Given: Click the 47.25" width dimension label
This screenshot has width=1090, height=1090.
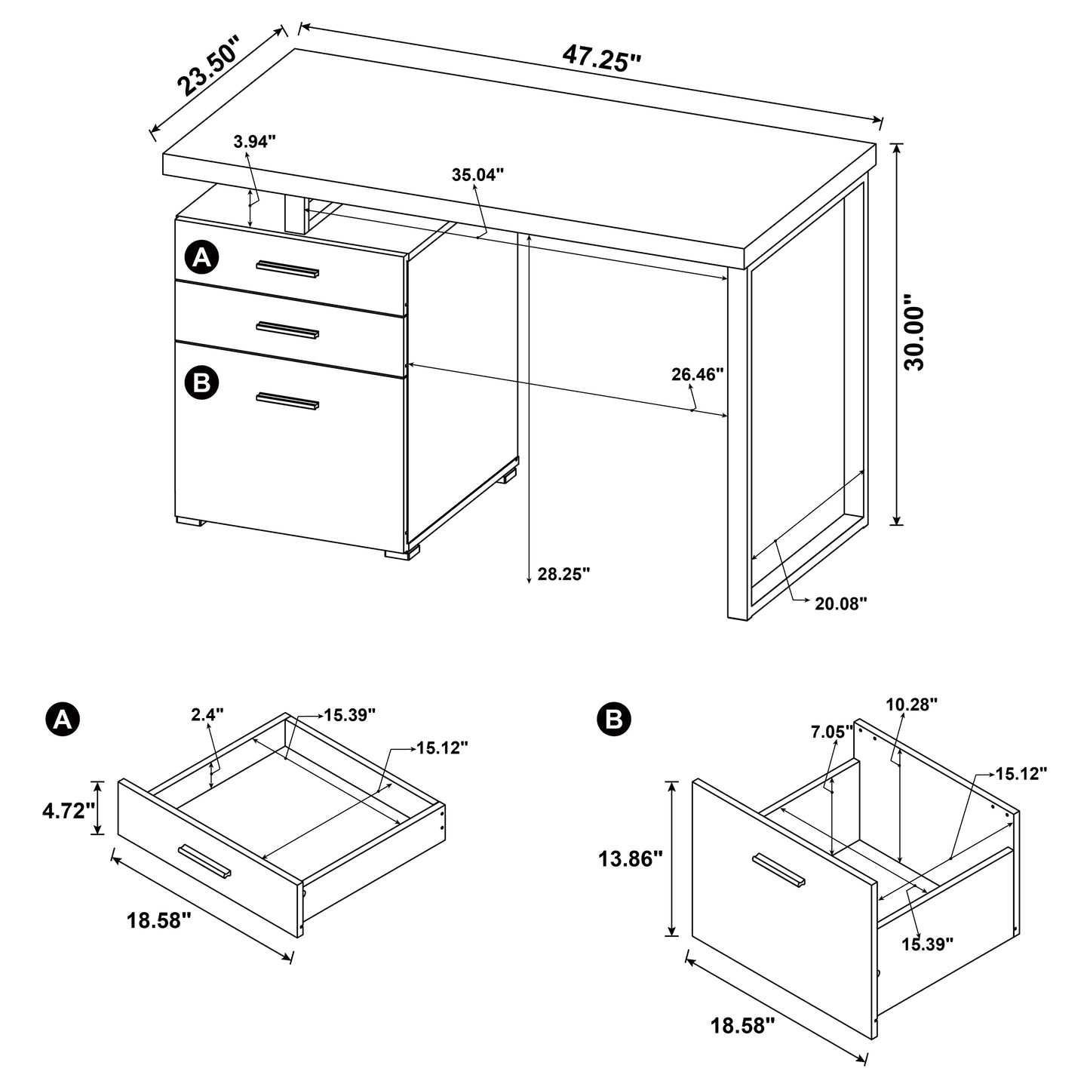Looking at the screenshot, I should [x=601, y=57].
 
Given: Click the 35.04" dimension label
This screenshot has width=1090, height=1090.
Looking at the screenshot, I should [x=477, y=175].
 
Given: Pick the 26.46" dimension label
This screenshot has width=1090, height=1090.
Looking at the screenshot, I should [x=698, y=374].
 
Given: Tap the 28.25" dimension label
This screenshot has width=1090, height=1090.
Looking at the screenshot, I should [x=563, y=574].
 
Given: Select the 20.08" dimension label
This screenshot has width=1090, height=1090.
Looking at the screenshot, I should [x=841, y=603].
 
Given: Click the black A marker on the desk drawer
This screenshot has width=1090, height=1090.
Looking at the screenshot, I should [x=201, y=259].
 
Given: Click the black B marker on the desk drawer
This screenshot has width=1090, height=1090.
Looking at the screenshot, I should [x=201, y=383].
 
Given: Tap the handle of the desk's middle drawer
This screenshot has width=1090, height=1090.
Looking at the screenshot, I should [x=287, y=329].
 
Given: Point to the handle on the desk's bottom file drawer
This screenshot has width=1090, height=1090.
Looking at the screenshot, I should [x=287, y=401].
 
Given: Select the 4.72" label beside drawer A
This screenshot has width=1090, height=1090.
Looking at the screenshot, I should [x=69, y=810].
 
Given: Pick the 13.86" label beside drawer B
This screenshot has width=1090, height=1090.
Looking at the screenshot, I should [x=631, y=858].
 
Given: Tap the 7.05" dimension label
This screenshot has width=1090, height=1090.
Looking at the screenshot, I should [x=832, y=731].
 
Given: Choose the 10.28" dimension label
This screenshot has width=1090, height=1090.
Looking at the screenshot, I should [x=911, y=704].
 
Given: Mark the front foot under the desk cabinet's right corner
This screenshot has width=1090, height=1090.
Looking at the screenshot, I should [x=401, y=554].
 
